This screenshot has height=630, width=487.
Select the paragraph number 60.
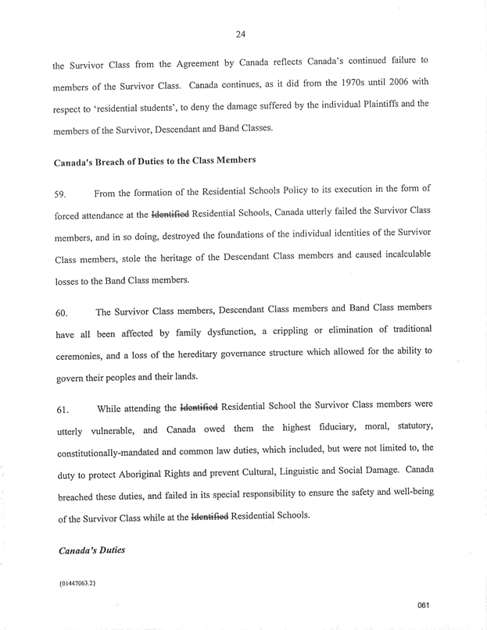point(61,314)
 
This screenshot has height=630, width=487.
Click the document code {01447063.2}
point(77,582)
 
